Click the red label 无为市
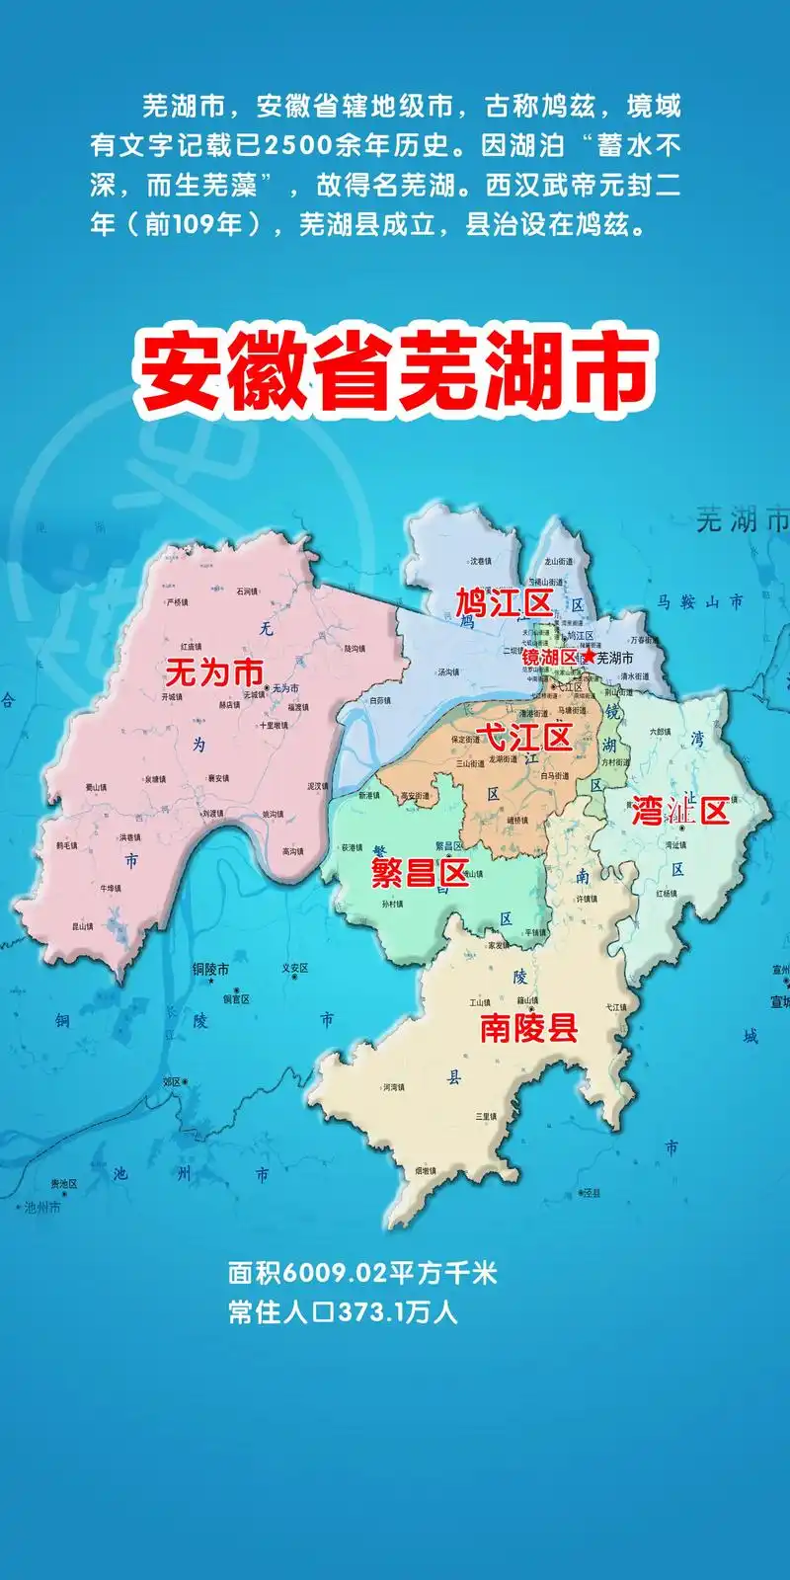coord(213,673)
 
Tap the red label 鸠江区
coord(503,602)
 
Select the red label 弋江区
coord(523,737)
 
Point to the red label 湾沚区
coord(680,812)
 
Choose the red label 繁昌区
coord(419,873)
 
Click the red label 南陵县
coord(528,1029)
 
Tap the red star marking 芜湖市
coord(589,656)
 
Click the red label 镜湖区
coord(549,658)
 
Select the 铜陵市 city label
coord(210,970)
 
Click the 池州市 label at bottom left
coord(42,1207)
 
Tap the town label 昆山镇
coord(83,926)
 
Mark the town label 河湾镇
coord(393,1087)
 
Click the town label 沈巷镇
coord(480,561)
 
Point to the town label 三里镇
coord(485,1116)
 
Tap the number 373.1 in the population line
coord(370,1313)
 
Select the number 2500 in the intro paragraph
coord(296,146)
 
